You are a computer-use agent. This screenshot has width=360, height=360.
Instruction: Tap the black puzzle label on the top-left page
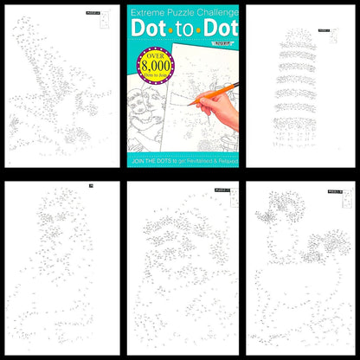pyautogui.click(x=93, y=13)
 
